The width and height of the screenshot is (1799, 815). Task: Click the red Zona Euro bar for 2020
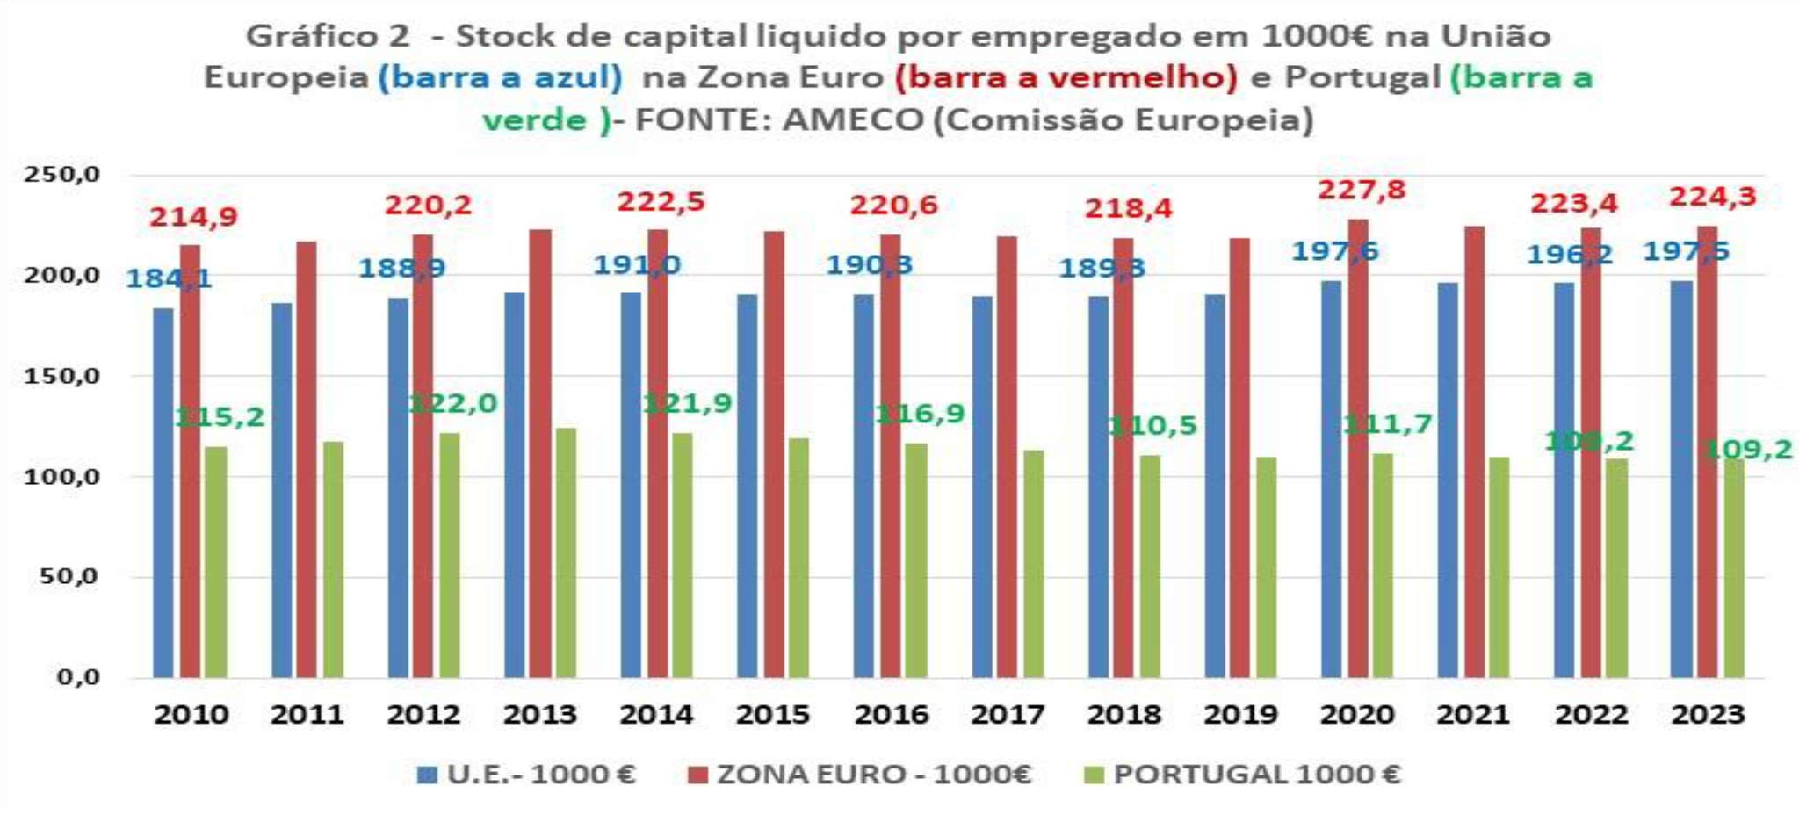(1358, 448)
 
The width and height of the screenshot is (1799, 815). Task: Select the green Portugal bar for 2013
(566, 553)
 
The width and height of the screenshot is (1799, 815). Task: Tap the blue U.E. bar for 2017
(982, 487)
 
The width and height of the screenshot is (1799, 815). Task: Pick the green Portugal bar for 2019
(1266, 567)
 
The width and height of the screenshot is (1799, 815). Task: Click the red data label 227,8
(1361, 190)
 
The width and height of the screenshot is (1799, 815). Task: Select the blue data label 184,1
(169, 279)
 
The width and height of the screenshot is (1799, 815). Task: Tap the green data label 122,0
(453, 404)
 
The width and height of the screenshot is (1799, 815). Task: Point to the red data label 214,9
(193, 217)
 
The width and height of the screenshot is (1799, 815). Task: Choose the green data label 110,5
(1152, 426)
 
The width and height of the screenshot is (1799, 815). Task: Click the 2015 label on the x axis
(772, 715)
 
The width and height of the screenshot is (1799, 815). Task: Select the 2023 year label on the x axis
(1707, 715)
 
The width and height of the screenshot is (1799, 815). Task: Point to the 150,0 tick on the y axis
(61, 377)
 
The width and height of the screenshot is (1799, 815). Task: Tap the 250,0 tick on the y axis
(61, 175)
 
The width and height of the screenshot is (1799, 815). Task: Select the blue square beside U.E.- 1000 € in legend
(427, 775)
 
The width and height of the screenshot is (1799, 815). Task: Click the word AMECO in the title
(852, 119)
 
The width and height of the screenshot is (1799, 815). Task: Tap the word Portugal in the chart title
(1362, 77)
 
